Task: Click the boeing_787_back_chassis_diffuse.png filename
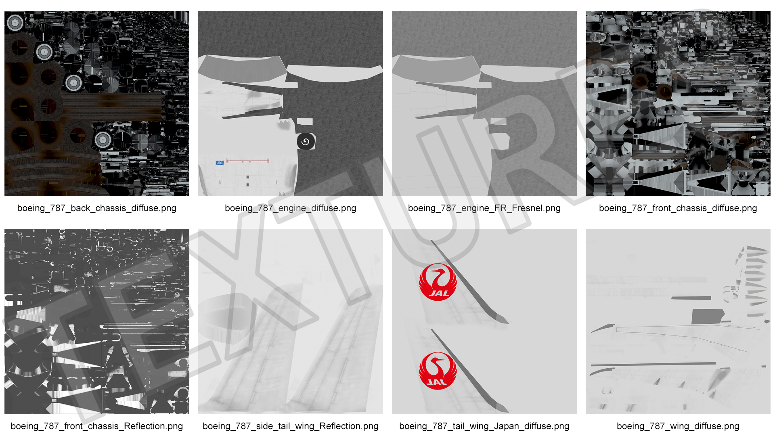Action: pos(97,208)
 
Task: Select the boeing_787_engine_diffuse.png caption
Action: pos(291,208)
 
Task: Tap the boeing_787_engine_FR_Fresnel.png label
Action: pos(484,208)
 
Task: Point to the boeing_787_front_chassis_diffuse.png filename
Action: pos(678,208)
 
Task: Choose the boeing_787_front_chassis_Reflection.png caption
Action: pos(97,426)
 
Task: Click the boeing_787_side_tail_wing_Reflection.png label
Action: pos(291,426)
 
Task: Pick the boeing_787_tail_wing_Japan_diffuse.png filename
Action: pos(484,426)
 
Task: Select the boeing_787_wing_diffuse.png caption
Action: pos(678,426)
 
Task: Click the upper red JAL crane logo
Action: pos(438,282)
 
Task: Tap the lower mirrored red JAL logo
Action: pos(438,371)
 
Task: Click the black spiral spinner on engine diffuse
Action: pos(306,142)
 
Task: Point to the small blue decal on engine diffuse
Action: pos(220,163)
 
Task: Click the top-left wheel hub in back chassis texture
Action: pos(15,23)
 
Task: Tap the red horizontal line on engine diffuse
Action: pos(247,161)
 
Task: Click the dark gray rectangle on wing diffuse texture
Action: pos(708,317)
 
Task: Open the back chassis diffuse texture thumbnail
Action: pos(97,103)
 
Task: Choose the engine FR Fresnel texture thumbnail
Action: pos(484,103)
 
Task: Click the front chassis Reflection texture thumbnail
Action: pos(97,321)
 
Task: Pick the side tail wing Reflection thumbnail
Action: pos(291,321)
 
